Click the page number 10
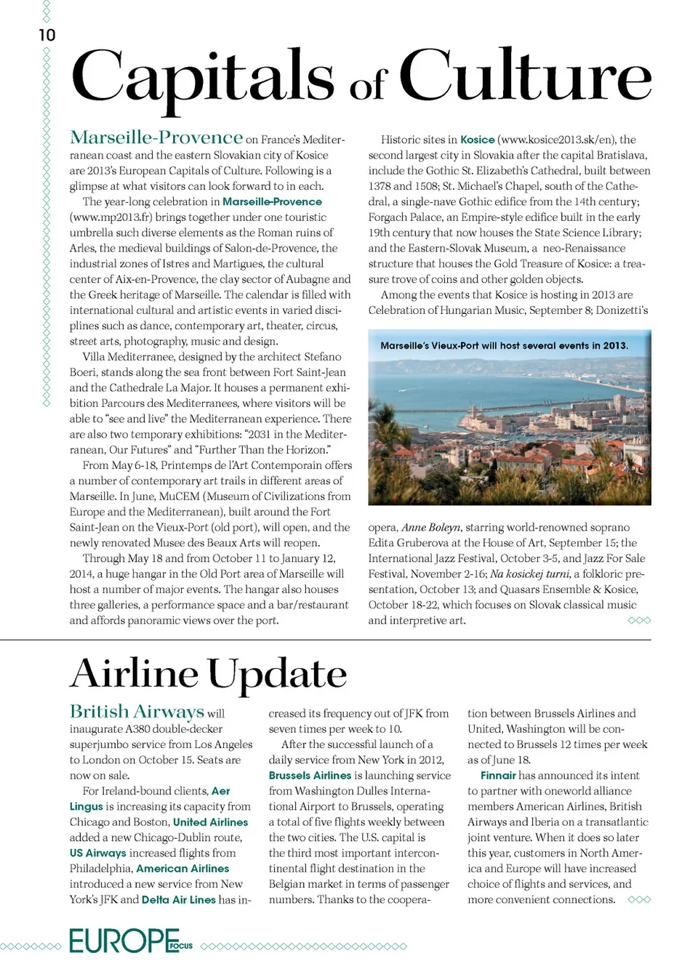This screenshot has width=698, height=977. (x=47, y=35)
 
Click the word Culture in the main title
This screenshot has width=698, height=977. (x=525, y=77)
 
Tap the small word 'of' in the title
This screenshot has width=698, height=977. (x=368, y=87)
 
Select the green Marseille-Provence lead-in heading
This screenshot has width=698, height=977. (x=156, y=137)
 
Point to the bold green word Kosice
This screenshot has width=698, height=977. (x=477, y=140)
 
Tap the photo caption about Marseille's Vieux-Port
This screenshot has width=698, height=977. (x=504, y=346)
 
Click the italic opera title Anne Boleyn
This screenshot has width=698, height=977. (x=430, y=528)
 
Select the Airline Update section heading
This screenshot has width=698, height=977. (x=209, y=674)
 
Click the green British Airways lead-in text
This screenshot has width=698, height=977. (x=137, y=712)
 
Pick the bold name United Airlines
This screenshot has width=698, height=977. (x=210, y=822)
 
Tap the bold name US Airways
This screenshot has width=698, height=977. (x=97, y=853)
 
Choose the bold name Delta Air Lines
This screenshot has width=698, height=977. (x=178, y=900)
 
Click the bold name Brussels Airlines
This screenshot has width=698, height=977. (x=310, y=776)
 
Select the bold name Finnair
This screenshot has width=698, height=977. (x=498, y=776)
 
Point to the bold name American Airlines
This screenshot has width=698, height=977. (x=182, y=869)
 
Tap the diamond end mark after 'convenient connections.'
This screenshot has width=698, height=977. (x=639, y=900)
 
